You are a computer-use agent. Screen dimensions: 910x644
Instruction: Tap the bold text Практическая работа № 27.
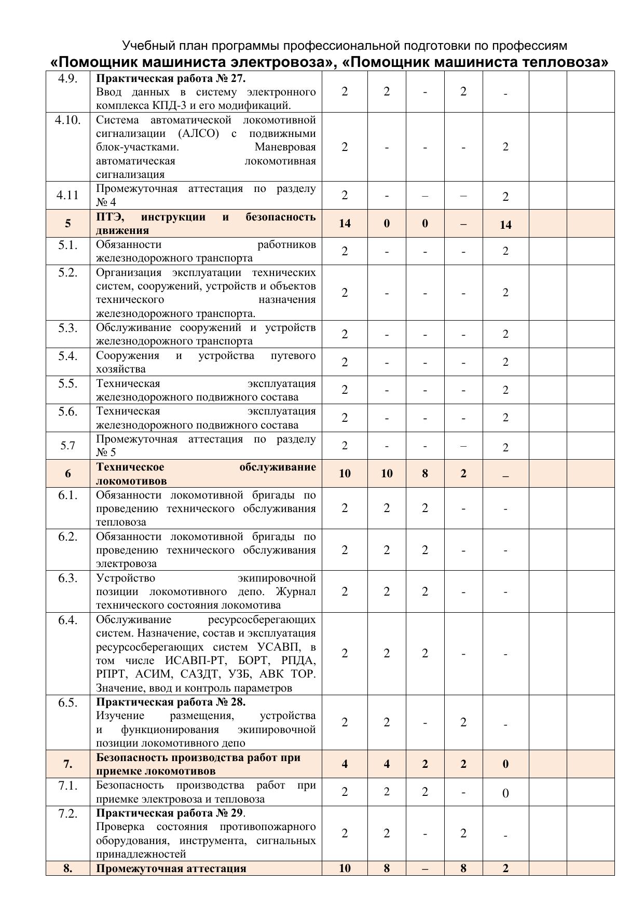(x=171, y=79)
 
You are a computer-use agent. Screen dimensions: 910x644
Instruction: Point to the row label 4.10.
(x=68, y=120)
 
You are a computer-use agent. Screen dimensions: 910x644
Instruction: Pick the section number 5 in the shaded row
(x=68, y=224)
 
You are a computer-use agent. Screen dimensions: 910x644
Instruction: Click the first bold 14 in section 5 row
(x=345, y=224)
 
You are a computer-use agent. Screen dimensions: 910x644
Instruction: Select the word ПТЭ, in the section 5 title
(x=110, y=217)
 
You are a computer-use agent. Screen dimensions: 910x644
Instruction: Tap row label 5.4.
(x=68, y=356)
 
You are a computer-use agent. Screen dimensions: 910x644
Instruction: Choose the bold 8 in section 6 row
(x=425, y=473)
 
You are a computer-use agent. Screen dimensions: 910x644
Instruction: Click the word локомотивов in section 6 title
(x=131, y=481)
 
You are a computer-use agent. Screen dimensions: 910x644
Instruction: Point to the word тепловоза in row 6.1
(x=121, y=522)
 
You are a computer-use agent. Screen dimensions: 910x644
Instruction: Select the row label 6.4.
(x=68, y=620)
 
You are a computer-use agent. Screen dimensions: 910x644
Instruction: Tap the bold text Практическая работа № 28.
(x=171, y=702)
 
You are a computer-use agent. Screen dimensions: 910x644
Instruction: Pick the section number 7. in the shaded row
(x=68, y=764)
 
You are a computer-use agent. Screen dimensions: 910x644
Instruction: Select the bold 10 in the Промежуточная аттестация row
(x=345, y=868)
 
